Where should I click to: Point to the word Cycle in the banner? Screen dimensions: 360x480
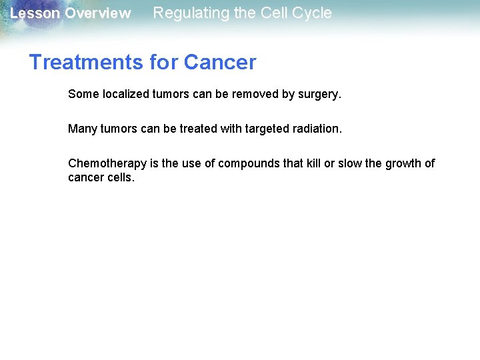[311, 13]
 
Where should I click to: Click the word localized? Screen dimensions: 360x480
[126, 94]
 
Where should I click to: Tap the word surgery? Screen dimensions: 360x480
[319, 95]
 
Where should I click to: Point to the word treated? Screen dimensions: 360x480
[199, 129]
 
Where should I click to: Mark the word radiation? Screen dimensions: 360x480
[317, 129]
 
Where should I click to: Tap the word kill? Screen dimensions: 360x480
[313, 163]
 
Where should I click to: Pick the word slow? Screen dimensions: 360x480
[351, 163]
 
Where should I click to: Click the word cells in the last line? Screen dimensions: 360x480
[121, 177]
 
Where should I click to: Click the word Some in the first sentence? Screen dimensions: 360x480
[83, 94]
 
